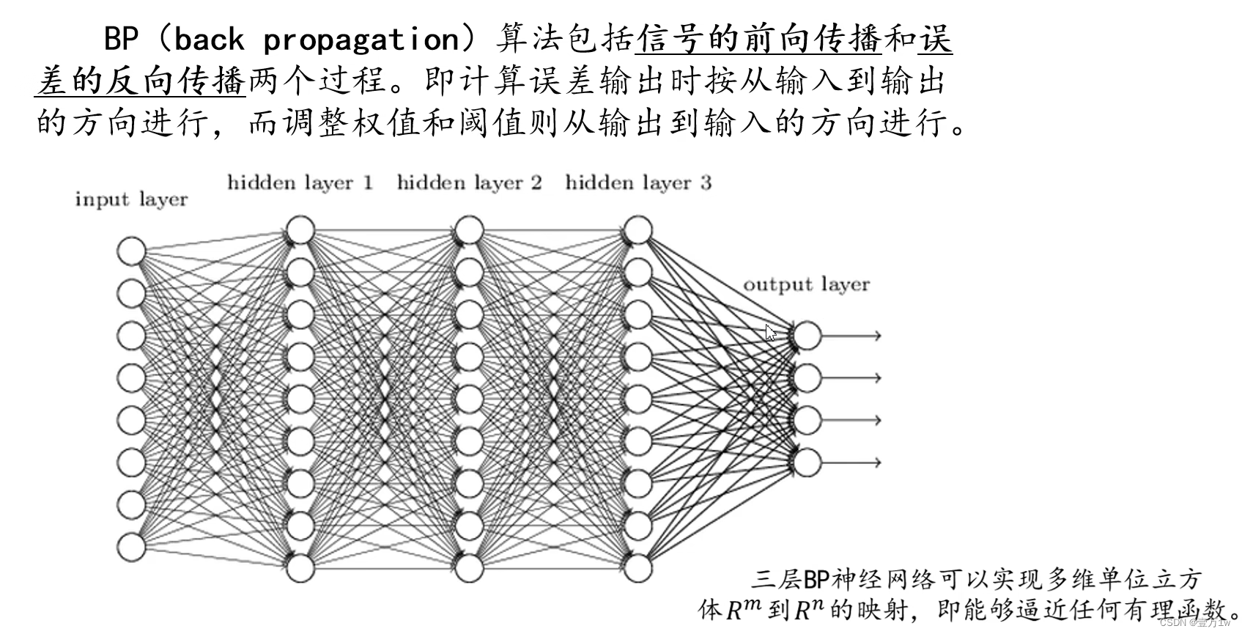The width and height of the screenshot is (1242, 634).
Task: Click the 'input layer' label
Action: (131, 199)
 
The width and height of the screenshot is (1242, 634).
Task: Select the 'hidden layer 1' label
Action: (300, 183)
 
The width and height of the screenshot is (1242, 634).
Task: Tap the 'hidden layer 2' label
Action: (469, 183)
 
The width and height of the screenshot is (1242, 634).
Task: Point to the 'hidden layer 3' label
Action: (638, 183)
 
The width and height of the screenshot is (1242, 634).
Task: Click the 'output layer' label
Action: (806, 284)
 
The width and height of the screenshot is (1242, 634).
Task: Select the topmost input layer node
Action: (131, 251)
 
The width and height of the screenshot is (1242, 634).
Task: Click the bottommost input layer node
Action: (131, 547)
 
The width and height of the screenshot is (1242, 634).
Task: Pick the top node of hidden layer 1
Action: (300, 230)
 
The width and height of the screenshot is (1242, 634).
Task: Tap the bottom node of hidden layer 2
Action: (469, 568)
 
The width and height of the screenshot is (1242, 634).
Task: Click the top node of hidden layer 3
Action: (638, 230)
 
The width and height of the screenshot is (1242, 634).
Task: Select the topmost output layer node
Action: (807, 336)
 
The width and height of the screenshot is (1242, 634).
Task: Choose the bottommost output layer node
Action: (807, 462)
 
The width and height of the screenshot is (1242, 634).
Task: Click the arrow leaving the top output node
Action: (851, 336)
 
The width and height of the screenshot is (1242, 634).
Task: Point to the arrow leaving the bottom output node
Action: (851, 462)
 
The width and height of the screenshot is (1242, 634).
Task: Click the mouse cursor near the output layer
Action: (770, 333)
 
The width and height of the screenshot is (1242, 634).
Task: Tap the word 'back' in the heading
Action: (208, 38)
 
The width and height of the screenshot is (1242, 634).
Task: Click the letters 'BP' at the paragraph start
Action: (121, 38)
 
